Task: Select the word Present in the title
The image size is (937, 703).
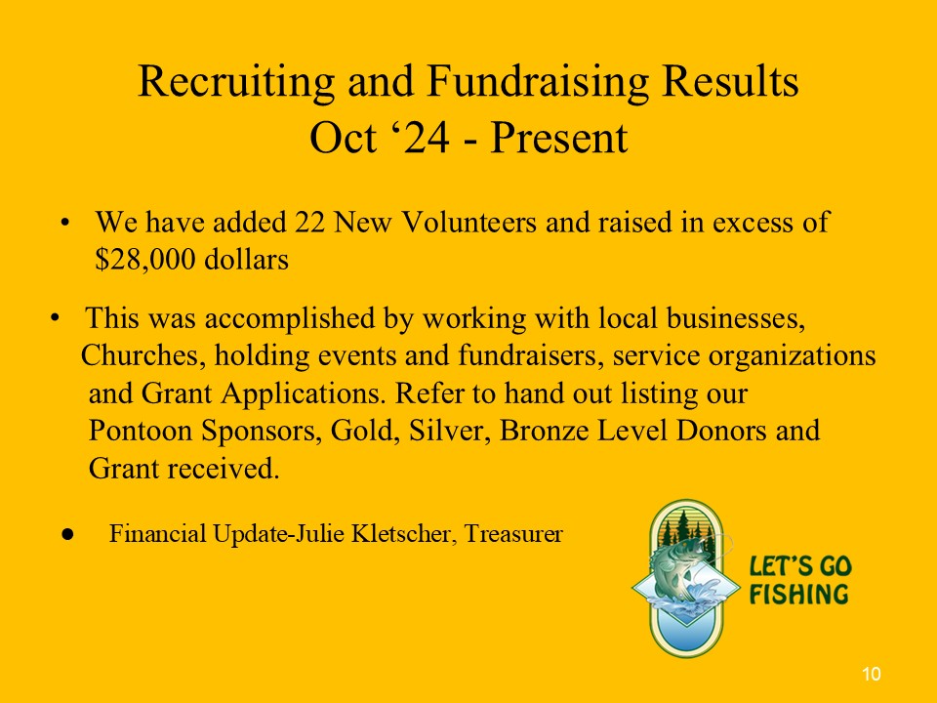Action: pyautogui.click(x=558, y=138)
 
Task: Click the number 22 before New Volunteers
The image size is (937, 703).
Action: pyautogui.click(x=310, y=222)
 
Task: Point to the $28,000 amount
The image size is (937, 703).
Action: pyautogui.click(x=145, y=260)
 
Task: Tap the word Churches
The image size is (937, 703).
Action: pyautogui.click(x=143, y=355)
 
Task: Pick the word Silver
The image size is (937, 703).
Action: pyautogui.click(x=449, y=431)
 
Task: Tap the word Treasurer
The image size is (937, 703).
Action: pyautogui.click(x=513, y=533)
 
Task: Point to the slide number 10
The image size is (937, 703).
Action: pyautogui.click(x=872, y=674)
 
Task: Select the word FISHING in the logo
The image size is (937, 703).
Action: pyautogui.click(x=799, y=595)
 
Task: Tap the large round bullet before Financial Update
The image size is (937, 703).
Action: pyautogui.click(x=67, y=534)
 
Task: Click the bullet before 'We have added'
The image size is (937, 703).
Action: pyautogui.click(x=64, y=223)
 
